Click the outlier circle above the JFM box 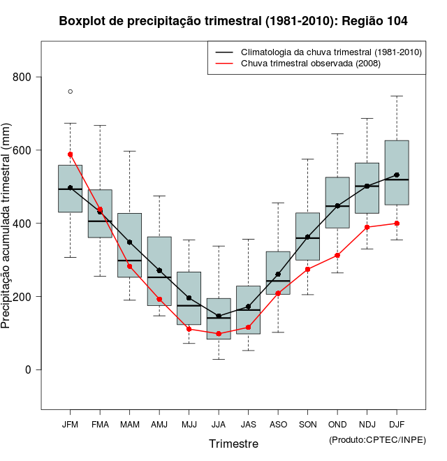pos(70,92)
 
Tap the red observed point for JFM pos(70,154)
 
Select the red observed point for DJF pos(397,224)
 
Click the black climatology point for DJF pos(397,175)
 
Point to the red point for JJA pos(219,334)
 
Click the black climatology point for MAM pos(129,242)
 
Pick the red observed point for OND pos(337,256)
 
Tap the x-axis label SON pos(307,424)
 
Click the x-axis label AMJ pos(159,424)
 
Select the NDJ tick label pos(367,424)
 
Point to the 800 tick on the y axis pos(25,77)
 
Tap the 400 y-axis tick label pos(25,224)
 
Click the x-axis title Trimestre pos(233,444)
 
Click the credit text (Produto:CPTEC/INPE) pos(377,439)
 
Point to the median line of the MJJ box pos(189,305)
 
